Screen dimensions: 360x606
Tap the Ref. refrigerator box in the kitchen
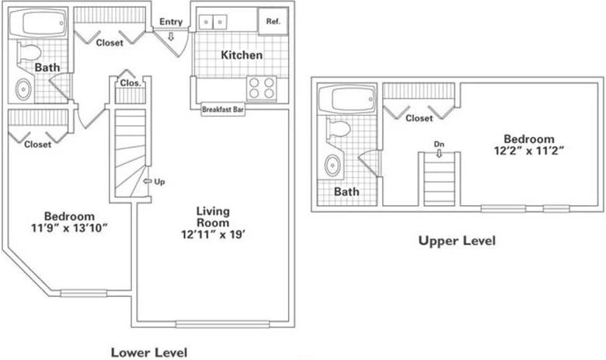click(273, 22)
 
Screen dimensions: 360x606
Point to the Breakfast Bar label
click(223, 110)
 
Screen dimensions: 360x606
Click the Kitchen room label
click(242, 55)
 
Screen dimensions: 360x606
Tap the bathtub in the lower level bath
click(43, 24)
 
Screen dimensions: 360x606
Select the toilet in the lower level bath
click(30, 54)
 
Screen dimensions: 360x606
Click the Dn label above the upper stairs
click(439, 144)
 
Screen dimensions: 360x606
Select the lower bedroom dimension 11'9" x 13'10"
click(69, 222)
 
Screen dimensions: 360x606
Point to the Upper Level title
click(456, 240)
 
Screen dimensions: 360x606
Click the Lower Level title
click(148, 351)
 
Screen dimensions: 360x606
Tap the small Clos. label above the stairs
click(130, 82)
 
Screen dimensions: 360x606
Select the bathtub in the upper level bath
click(351, 100)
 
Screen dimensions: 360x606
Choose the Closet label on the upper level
click(420, 118)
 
